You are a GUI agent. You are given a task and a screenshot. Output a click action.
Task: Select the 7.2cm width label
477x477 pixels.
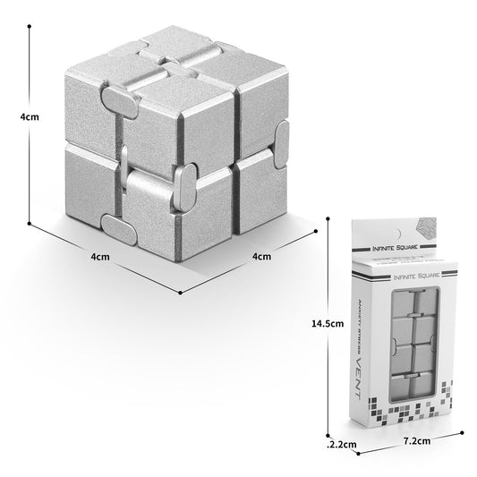coord(418,441)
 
